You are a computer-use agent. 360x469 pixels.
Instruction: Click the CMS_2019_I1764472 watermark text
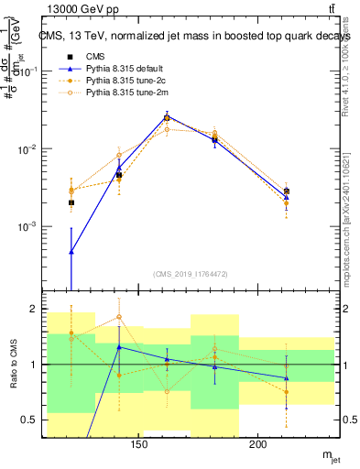pyautogui.click(x=190, y=274)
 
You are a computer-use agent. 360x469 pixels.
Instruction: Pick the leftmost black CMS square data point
pyautogui.click(x=71, y=202)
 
